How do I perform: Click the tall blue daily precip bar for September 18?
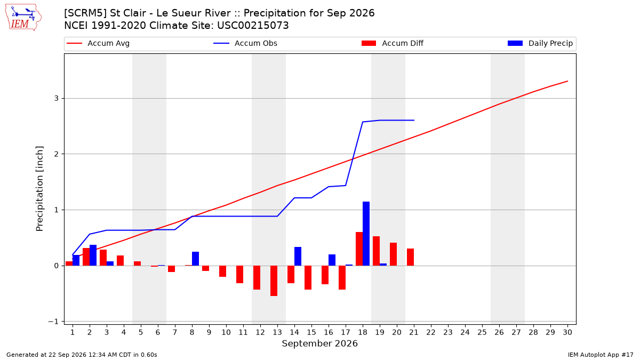(x=366, y=234)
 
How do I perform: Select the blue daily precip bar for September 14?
(x=298, y=257)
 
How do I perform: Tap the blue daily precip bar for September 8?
(x=195, y=259)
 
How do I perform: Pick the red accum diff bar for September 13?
(x=274, y=281)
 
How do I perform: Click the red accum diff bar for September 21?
(x=410, y=257)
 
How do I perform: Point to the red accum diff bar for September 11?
(x=239, y=275)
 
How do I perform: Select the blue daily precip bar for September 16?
(x=332, y=260)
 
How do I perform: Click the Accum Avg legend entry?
(x=98, y=43)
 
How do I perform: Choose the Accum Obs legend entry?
(x=245, y=43)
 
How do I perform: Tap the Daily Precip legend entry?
(x=540, y=43)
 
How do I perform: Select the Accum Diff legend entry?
(x=393, y=43)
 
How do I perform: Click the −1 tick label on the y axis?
(x=53, y=322)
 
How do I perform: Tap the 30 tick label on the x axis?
(x=567, y=332)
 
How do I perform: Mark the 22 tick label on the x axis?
(x=431, y=332)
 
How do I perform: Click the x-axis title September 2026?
(x=319, y=343)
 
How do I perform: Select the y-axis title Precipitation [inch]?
(x=39, y=189)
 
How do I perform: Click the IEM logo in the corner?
(x=23, y=18)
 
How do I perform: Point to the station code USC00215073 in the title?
(x=253, y=26)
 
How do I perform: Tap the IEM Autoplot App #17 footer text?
(x=601, y=355)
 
